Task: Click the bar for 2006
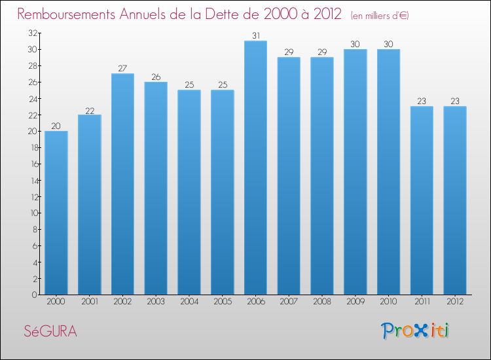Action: [255, 168]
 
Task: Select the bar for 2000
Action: [56, 213]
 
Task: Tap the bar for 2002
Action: [122, 184]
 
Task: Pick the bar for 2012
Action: [454, 200]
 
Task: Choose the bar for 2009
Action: [355, 171]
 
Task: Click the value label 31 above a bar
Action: [255, 35]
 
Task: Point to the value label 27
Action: [122, 68]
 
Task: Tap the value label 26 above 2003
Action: [156, 77]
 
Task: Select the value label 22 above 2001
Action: [90, 109]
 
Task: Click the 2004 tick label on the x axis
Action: [189, 302]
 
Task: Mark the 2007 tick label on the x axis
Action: [289, 302]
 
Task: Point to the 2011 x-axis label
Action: [421, 302]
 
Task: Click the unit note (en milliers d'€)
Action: [380, 15]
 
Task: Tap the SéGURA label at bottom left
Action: [50, 332]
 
